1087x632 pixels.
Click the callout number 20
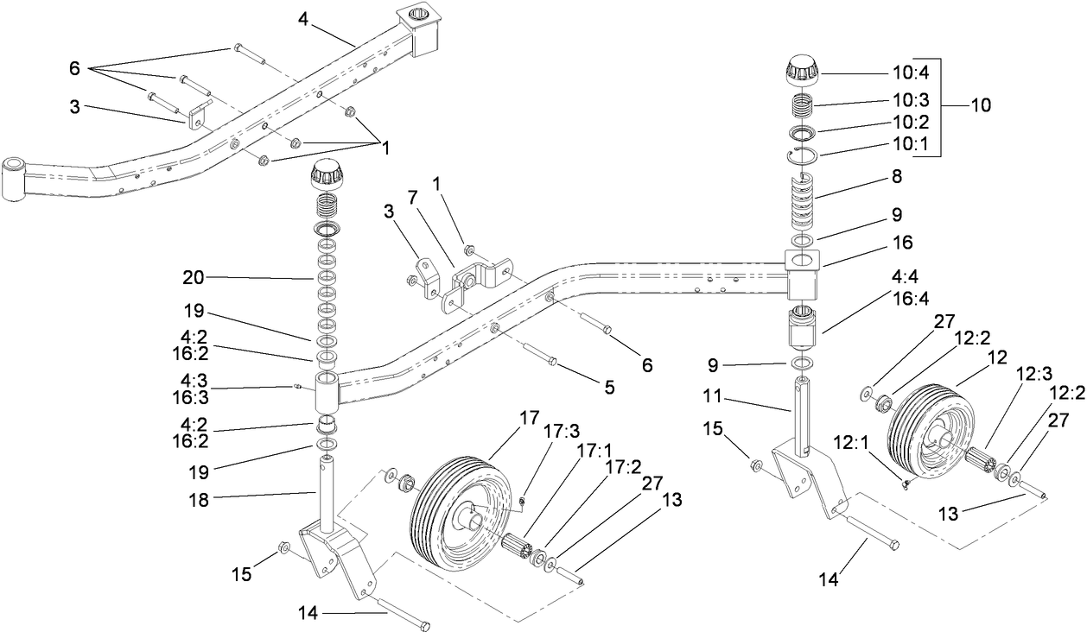tap(193, 277)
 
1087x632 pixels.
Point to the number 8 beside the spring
tap(897, 177)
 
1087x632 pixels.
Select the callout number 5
tap(609, 389)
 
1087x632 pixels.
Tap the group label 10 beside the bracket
tap(981, 106)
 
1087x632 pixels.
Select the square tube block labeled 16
tap(804, 269)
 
